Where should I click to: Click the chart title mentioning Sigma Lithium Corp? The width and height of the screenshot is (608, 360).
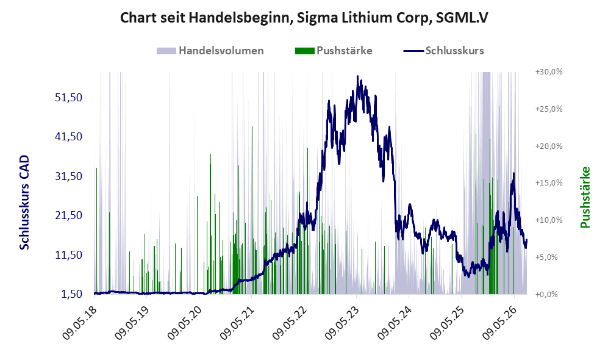coord(304,18)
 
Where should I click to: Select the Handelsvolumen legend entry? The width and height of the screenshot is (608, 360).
coord(210,51)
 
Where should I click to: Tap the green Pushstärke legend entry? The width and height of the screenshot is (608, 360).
coord(334,51)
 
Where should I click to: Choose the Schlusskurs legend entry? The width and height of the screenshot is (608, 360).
coord(443,51)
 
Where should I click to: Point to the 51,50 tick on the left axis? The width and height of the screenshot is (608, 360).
coord(69,98)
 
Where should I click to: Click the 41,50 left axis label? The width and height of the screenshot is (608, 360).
coord(69,137)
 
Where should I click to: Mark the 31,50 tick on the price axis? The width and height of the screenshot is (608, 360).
coord(69,176)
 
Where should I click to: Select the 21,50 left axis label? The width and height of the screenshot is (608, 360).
coord(69,215)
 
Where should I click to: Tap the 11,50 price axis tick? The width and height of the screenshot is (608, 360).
coord(69,255)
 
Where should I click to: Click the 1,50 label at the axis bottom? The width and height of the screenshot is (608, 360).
coord(72,294)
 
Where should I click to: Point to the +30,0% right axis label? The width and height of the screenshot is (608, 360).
coord(549,72)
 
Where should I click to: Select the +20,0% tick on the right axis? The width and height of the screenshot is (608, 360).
coord(549,146)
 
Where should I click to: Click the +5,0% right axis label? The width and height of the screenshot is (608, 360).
coord(547,257)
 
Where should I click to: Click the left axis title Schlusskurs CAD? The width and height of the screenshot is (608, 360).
coord(24,203)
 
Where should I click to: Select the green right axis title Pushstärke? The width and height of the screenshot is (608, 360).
coord(585,198)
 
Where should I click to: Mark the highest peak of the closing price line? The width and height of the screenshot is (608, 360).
coord(357,76)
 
